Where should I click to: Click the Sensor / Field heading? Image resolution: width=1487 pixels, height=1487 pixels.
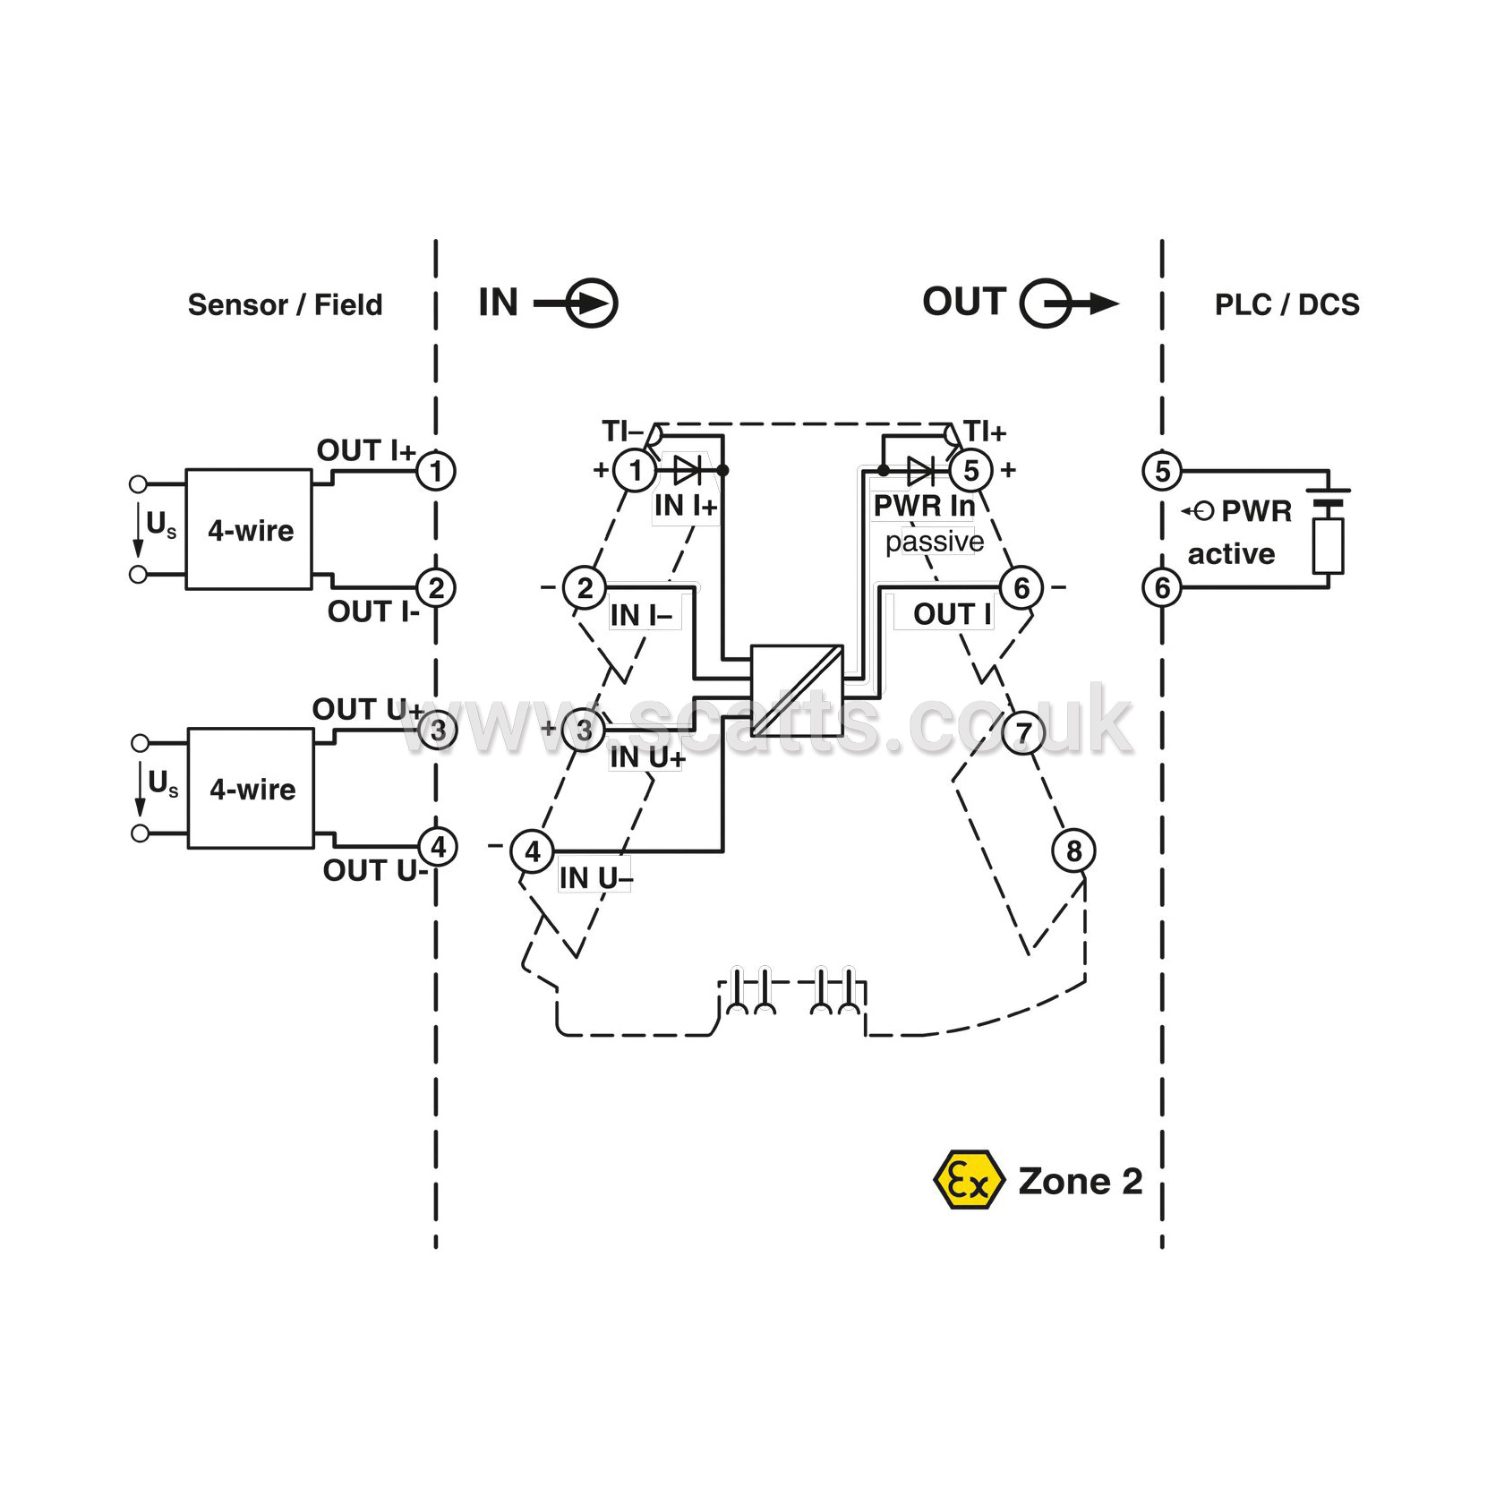(x=285, y=305)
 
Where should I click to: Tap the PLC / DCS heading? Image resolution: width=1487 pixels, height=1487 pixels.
(x=1286, y=305)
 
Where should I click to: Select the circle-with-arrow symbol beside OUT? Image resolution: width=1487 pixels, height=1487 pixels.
(x=1068, y=303)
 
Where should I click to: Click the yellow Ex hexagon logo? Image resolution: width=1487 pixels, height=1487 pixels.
(x=967, y=1180)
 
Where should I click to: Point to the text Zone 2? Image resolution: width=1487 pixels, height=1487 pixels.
(x=1081, y=1182)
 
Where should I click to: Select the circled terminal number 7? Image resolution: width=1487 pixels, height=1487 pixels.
(x=1023, y=733)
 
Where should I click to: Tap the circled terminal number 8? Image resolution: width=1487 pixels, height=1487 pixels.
(x=1073, y=850)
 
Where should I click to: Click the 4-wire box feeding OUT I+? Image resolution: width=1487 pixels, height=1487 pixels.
(x=249, y=529)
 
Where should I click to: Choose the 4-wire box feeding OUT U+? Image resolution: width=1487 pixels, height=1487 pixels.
(x=251, y=789)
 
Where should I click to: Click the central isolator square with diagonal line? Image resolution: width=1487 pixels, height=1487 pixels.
(x=797, y=690)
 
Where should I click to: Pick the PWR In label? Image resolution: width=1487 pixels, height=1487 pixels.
(x=924, y=506)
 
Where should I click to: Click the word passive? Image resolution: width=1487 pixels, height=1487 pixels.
(x=935, y=542)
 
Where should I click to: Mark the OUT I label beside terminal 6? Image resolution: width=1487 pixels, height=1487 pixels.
(x=953, y=614)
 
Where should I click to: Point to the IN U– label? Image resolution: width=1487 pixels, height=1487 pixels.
(x=595, y=878)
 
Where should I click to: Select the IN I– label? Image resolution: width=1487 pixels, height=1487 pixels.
(x=641, y=615)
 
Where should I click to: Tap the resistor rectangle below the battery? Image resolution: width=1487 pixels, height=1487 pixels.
(x=1329, y=546)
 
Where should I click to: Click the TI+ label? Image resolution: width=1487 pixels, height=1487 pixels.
(x=985, y=432)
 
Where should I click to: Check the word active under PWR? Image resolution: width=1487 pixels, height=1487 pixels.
(x=1231, y=554)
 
